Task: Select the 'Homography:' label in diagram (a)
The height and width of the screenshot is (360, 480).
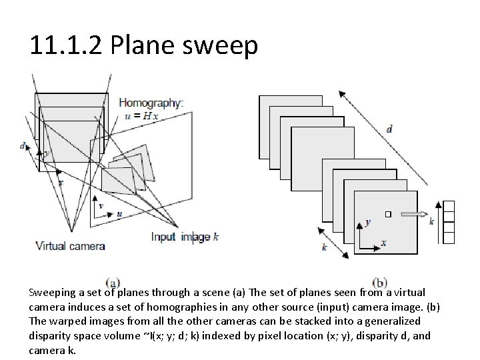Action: click(150, 103)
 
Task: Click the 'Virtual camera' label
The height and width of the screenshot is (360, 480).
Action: click(71, 246)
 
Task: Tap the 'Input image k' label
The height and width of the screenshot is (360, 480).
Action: click(184, 237)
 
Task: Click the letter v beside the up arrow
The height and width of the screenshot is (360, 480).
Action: click(101, 206)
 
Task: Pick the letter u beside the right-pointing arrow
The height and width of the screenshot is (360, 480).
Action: click(119, 214)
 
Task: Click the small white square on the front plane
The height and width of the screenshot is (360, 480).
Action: click(389, 214)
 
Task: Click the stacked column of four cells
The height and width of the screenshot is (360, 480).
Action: click(448, 221)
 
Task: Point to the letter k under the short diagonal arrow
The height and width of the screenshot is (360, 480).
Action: click(324, 247)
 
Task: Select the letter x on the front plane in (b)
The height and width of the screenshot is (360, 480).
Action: click(383, 243)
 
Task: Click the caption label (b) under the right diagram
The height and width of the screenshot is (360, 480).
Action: click(381, 283)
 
